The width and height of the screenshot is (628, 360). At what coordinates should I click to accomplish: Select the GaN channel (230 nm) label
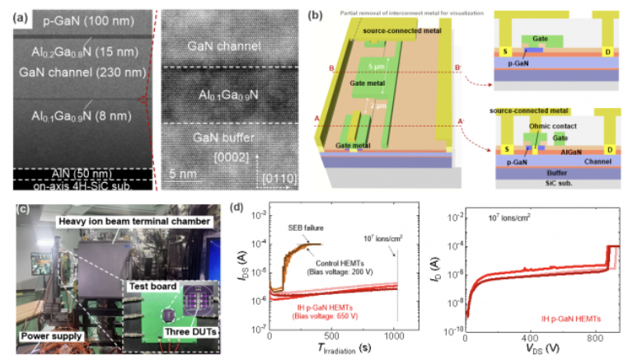[69, 72]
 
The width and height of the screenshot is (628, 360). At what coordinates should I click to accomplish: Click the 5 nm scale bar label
[183, 175]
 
